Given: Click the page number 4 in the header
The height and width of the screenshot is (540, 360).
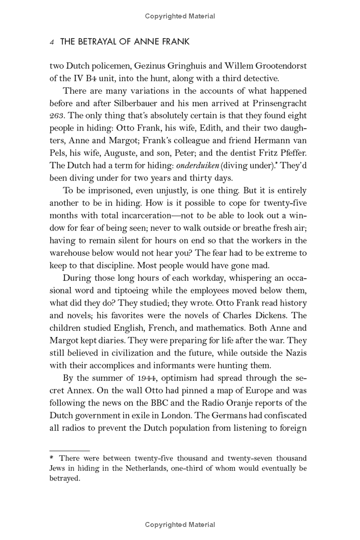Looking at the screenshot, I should [52, 42].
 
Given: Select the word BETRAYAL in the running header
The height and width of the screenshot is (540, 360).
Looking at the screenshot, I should [98, 42].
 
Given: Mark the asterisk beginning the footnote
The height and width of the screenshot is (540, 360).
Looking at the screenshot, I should [52, 458].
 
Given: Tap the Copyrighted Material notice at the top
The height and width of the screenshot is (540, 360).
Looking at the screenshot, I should [180, 16].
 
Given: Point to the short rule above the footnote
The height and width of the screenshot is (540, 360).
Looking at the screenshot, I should [69, 450].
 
